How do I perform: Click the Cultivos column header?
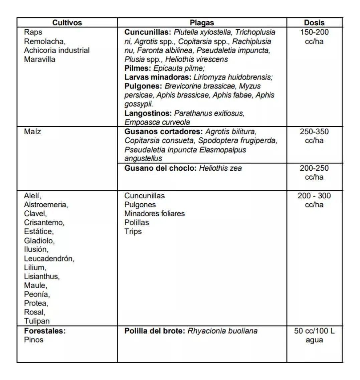coord(67,23)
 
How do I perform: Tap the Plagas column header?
coord(202,23)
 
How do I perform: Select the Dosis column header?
coord(314,23)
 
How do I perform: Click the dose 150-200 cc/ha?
coord(314,37)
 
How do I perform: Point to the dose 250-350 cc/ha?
coord(314,136)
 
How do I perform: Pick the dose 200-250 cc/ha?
coord(314,172)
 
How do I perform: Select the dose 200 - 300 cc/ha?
coord(314,200)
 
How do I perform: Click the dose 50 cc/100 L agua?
coord(314,335)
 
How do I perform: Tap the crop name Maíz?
coord(33,132)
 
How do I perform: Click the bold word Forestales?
coord(45,331)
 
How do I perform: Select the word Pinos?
coord(34,340)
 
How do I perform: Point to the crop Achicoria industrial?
coord(57,50)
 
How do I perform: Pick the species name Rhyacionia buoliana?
coord(222,331)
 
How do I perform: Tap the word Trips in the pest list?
coord(133,231)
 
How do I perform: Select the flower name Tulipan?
coord(37,321)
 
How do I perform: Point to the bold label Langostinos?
coord(148,113)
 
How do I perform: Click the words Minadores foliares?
coord(154,213)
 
